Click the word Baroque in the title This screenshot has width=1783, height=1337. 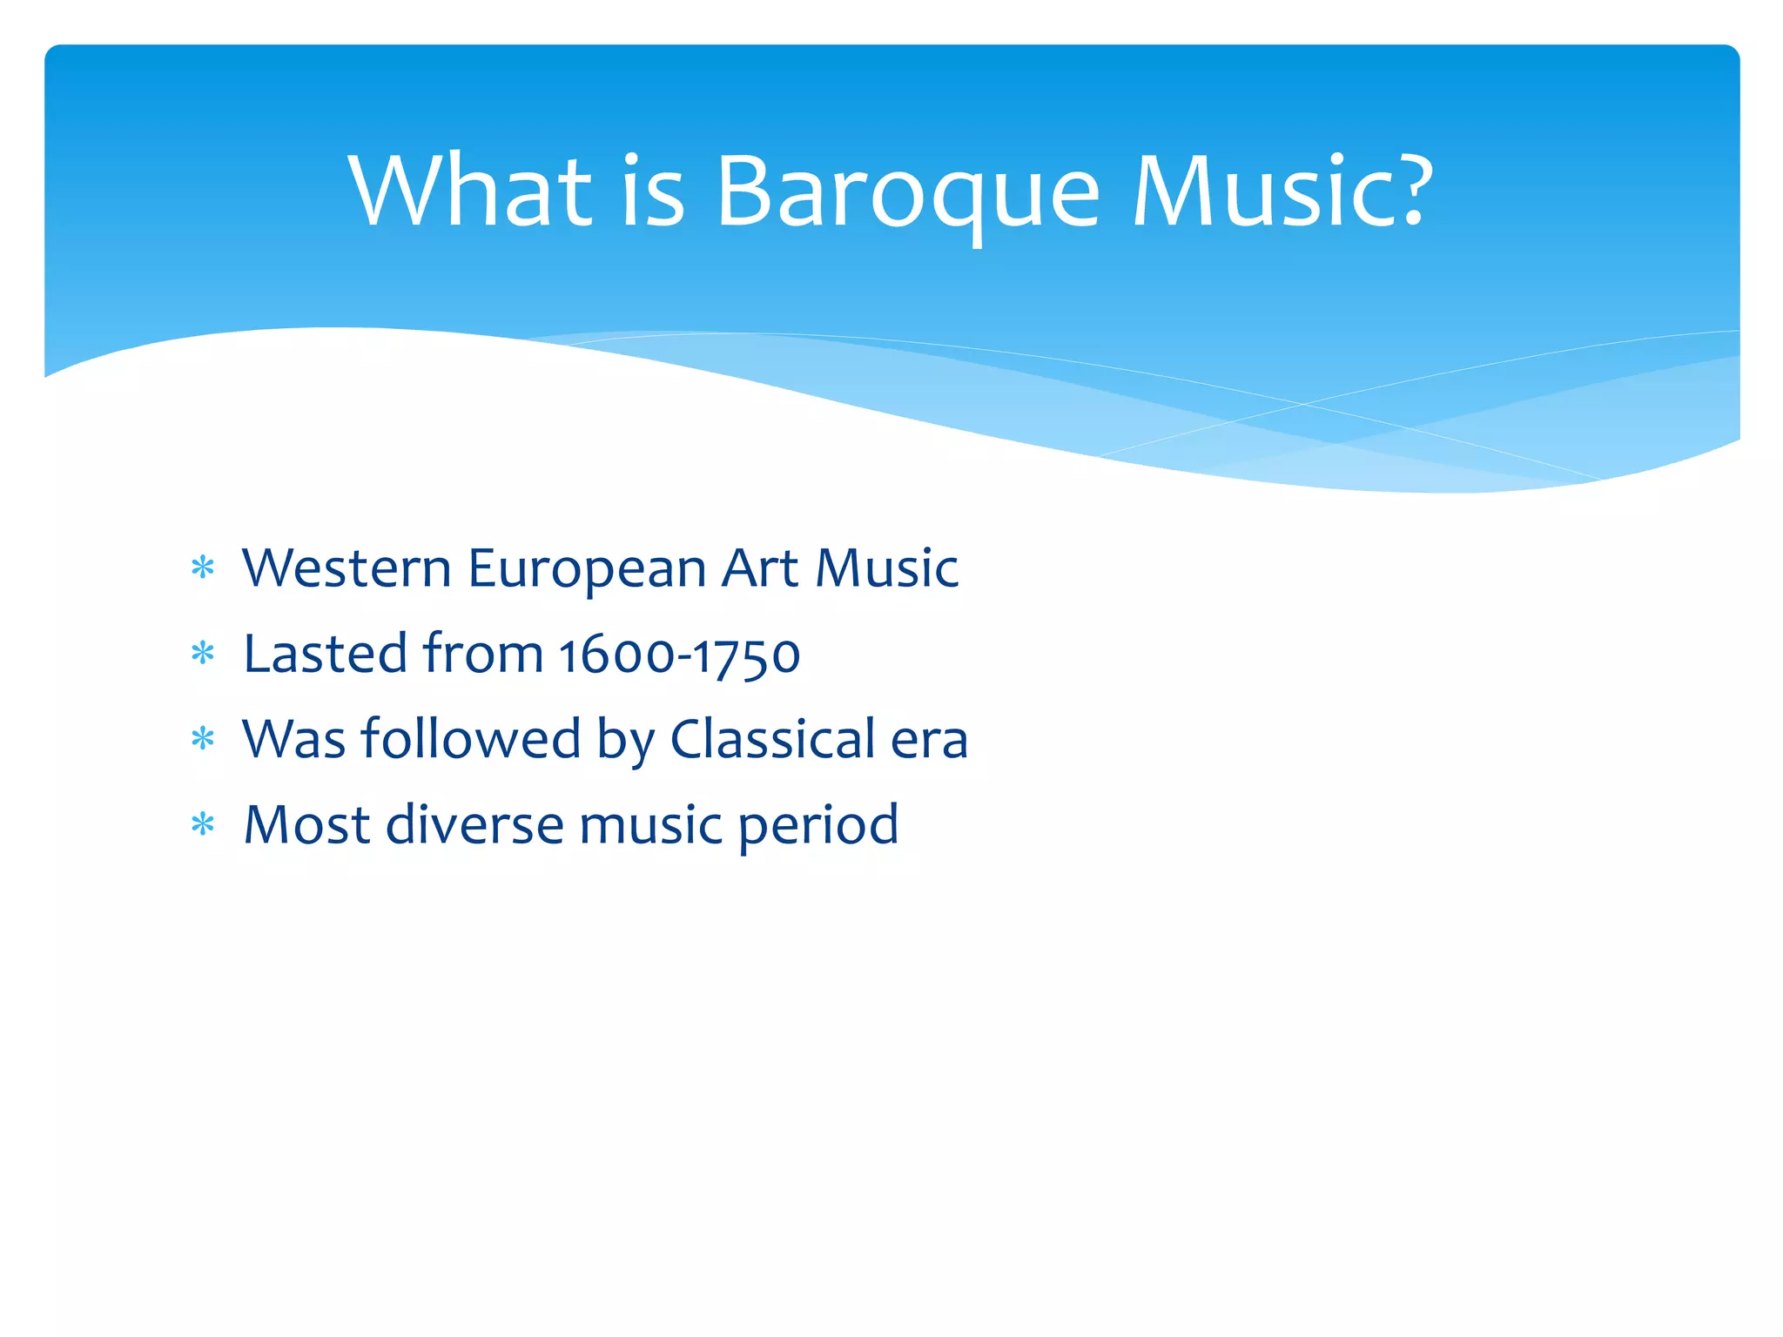click(x=908, y=193)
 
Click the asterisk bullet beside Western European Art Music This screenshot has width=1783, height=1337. click(x=203, y=568)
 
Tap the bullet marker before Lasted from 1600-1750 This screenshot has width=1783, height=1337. click(x=203, y=654)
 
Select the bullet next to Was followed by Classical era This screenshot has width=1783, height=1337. click(x=203, y=739)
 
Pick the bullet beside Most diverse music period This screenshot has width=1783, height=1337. click(x=203, y=824)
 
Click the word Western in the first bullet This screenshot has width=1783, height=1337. click(x=347, y=568)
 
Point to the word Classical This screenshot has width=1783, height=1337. click(x=772, y=739)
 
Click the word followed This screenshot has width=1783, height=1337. click(x=471, y=739)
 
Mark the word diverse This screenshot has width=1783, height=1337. click(x=474, y=824)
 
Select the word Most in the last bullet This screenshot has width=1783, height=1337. click(x=306, y=824)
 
